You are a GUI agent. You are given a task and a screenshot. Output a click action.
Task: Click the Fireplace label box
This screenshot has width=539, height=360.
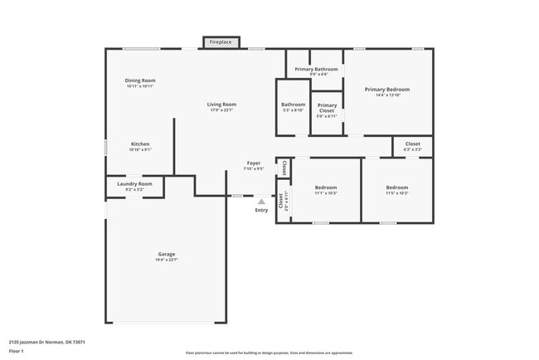pyautogui.click(x=221, y=41)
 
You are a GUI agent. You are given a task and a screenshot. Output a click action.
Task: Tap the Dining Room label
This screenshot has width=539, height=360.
pyautogui.click(x=141, y=80)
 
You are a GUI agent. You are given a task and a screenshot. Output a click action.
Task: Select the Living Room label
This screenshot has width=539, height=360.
pyautogui.click(x=221, y=105)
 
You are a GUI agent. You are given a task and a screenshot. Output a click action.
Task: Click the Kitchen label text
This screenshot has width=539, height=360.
pyautogui.click(x=140, y=144)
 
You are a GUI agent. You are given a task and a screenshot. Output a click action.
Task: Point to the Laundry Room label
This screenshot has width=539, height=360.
pyautogui.click(x=134, y=184)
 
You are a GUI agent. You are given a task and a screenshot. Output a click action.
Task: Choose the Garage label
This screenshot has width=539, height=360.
pyautogui.click(x=167, y=254)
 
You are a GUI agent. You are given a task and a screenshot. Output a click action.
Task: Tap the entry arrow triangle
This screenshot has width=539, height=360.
pyautogui.click(x=261, y=201)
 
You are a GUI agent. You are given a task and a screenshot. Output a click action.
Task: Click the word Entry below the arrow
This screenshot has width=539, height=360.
pyautogui.click(x=261, y=210)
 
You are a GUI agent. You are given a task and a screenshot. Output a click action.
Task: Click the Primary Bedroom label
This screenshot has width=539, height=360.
pyautogui.click(x=387, y=89)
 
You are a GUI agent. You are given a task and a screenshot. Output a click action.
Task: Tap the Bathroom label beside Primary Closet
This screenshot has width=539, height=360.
pyautogui.click(x=294, y=105)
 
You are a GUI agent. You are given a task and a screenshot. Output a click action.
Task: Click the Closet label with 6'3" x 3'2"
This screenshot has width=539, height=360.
pyautogui.click(x=412, y=144)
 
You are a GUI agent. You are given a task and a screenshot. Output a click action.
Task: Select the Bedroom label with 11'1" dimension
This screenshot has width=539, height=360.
pyautogui.click(x=326, y=187)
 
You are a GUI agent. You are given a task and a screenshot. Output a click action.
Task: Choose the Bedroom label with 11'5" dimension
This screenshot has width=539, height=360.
pyautogui.click(x=397, y=187)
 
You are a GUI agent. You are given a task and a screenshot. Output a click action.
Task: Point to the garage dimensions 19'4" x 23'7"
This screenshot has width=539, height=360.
pyautogui.click(x=167, y=260)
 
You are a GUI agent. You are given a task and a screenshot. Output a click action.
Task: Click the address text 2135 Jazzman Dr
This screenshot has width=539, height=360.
pyautogui.click(x=46, y=341)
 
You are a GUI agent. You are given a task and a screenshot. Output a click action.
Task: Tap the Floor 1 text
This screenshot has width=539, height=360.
pyautogui.click(x=17, y=351)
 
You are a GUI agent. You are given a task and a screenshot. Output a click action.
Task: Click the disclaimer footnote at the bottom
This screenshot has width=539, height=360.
pyautogui.click(x=269, y=353)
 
